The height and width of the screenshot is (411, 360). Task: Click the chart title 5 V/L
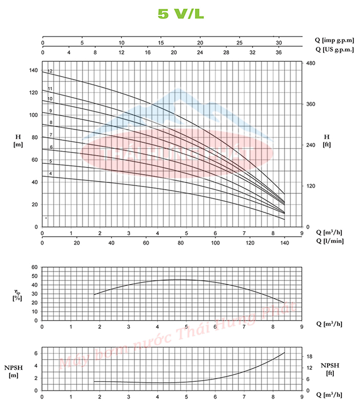click(181, 14)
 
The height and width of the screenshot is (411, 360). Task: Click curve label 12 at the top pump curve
click(50, 71)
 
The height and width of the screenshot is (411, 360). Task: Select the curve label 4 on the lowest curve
click(50, 174)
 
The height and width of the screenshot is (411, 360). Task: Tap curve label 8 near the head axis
click(51, 122)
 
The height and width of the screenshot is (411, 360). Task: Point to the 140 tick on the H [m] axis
click(33, 70)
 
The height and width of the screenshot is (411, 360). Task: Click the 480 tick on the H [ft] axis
click(311, 63)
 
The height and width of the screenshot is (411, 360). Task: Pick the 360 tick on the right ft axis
click(311, 104)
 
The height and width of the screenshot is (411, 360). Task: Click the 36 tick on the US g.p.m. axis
click(279, 52)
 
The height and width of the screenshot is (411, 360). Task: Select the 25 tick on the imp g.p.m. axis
click(239, 43)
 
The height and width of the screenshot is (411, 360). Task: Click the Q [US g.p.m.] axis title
click(334, 50)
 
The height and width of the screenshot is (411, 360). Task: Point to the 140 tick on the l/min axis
click(284, 243)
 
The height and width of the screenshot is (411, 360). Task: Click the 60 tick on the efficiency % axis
click(35, 267)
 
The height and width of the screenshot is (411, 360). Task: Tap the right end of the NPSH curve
click(284, 353)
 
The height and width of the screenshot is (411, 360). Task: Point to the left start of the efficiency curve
click(94, 294)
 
